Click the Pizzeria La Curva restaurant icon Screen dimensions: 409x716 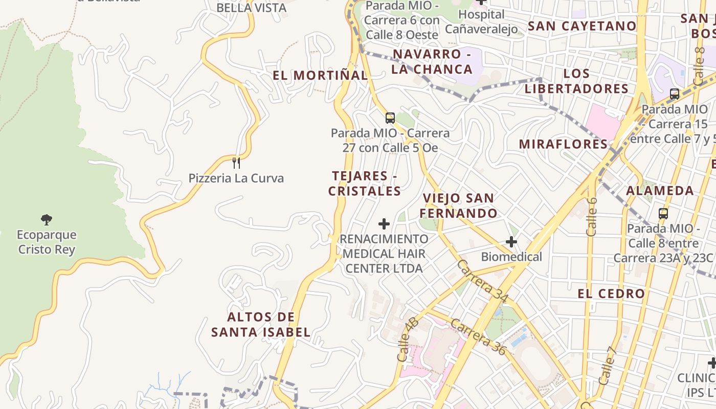pyautogui.click(x=236, y=163)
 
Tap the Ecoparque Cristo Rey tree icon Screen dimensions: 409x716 pyautogui.click(x=47, y=220)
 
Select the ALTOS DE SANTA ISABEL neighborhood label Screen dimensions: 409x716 pyautogui.click(x=261, y=324)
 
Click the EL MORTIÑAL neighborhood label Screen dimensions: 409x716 pyautogui.click(x=320, y=76)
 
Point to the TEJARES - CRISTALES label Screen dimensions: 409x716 pyautogui.click(x=365, y=184)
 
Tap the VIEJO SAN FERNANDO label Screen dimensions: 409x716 pyautogui.click(x=460, y=206)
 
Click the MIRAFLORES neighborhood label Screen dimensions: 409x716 pyautogui.click(x=563, y=144)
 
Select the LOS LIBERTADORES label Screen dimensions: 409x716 pyautogui.click(x=576, y=81)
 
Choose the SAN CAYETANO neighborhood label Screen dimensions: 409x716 pyautogui.click(x=582, y=26)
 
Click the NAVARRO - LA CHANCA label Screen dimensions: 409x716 pyautogui.click(x=433, y=61)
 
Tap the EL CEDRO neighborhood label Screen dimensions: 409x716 pyautogui.click(x=611, y=293)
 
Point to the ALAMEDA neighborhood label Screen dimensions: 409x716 pyautogui.click(x=660, y=191)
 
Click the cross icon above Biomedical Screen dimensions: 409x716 pyautogui.click(x=511, y=242)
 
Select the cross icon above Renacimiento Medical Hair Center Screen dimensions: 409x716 pyautogui.click(x=384, y=223)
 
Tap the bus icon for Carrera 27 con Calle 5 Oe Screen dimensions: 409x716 pyautogui.click(x=390, y=118)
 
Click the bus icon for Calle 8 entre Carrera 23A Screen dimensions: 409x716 pyautogui.click(x=663, y=213)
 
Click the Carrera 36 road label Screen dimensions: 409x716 pyautogui.click(x=478, y=337)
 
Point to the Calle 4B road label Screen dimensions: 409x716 pyautogui.click(x=408, y=339)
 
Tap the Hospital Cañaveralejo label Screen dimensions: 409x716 pyautogui.click(x=481, y=21)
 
